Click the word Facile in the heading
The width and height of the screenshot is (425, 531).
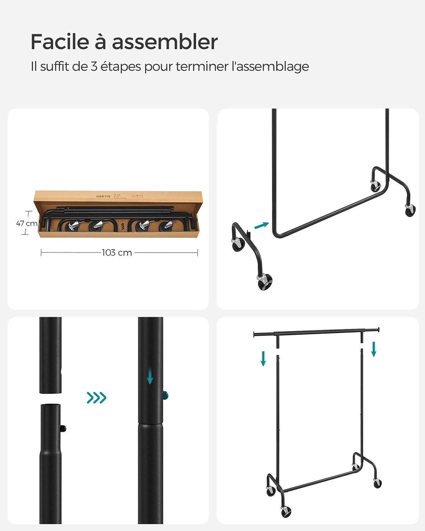(x=59, y=42)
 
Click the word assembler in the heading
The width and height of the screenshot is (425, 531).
(x=164, y=42)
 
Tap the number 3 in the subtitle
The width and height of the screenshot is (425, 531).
(x=94, y=66)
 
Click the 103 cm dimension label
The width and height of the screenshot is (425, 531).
(x=117, y=253)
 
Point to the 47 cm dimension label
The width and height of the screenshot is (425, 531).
(x=27, y=223)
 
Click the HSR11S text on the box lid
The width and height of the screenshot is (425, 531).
(x=103, y=196)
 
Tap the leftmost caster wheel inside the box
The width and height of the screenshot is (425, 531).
(x=71, y=226)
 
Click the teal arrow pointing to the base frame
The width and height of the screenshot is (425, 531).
(x=261, y=226)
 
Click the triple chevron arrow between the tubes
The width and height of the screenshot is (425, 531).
(x=96, y=398)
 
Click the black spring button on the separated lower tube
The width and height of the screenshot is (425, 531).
(x=64, y=429)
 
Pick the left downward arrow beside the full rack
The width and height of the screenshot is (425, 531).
(x=263, y=358)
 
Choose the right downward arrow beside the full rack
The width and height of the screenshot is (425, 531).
(x=373, y=349)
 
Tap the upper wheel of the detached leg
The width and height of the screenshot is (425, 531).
(x=238, y=244)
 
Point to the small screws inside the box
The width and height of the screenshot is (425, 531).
(x=122, y=226)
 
